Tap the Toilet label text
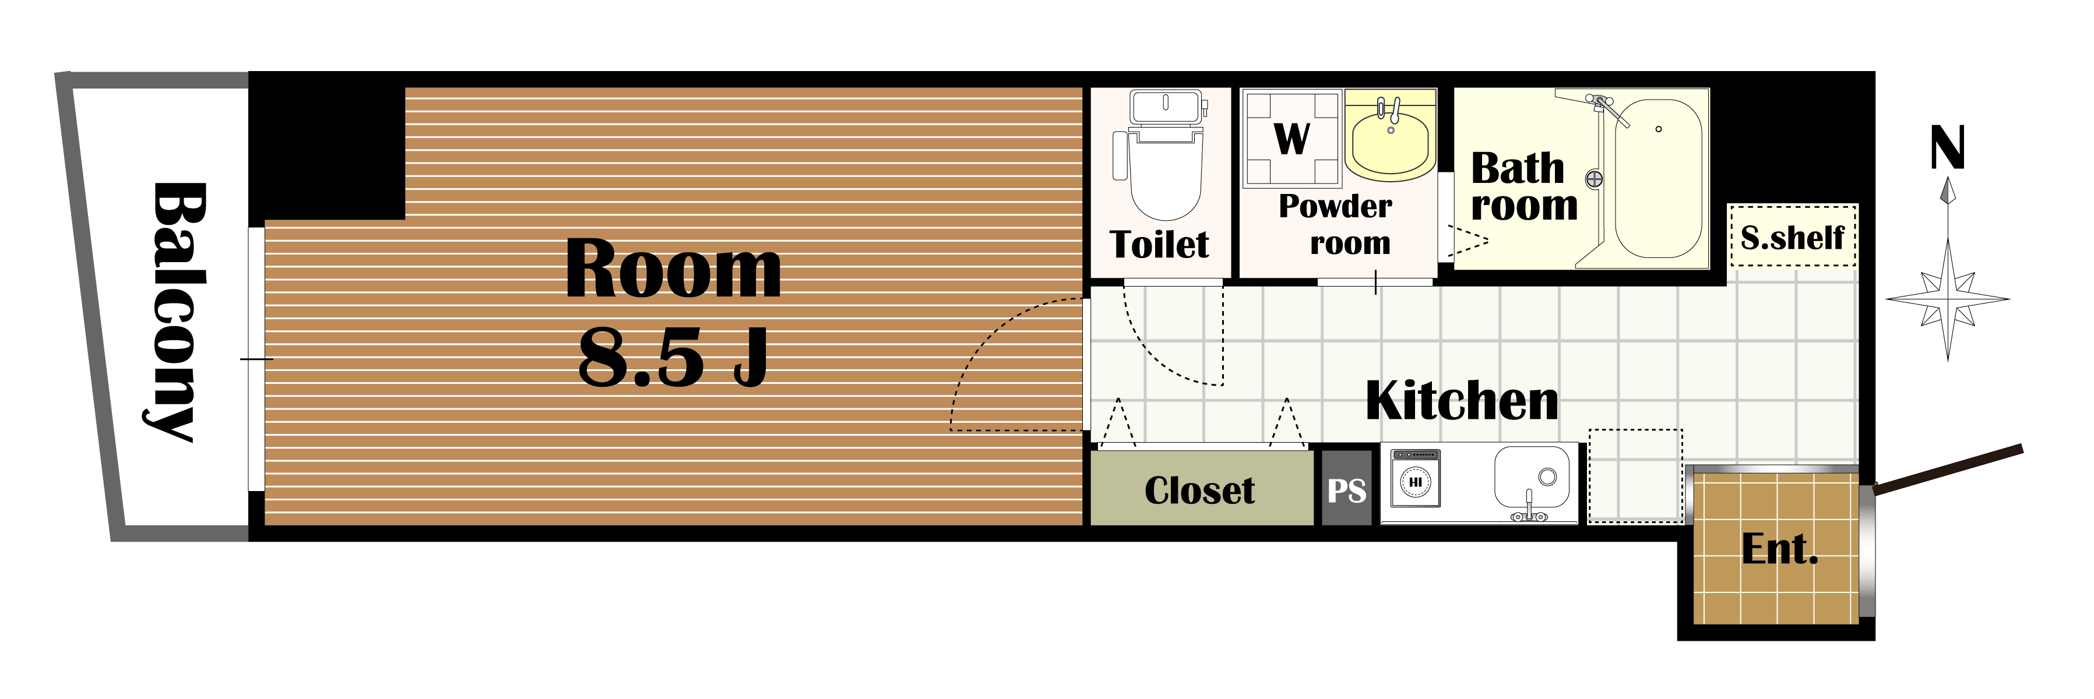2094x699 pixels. coord(1159,244)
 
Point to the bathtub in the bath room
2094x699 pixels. coord(1658,178)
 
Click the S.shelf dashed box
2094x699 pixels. coord(1793,236)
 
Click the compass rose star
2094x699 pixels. coord(1948,298)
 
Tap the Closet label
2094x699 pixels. coord(1200,490)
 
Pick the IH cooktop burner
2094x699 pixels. coord(1415,481)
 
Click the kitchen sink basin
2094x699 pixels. coord(1532,476)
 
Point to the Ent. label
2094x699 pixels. coord(1779,549)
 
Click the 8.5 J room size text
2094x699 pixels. coord(673,358)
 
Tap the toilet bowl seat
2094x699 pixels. coord(1167,175)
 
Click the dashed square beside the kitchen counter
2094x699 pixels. coord(1635,475)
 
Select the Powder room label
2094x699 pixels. coord(1336,224)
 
